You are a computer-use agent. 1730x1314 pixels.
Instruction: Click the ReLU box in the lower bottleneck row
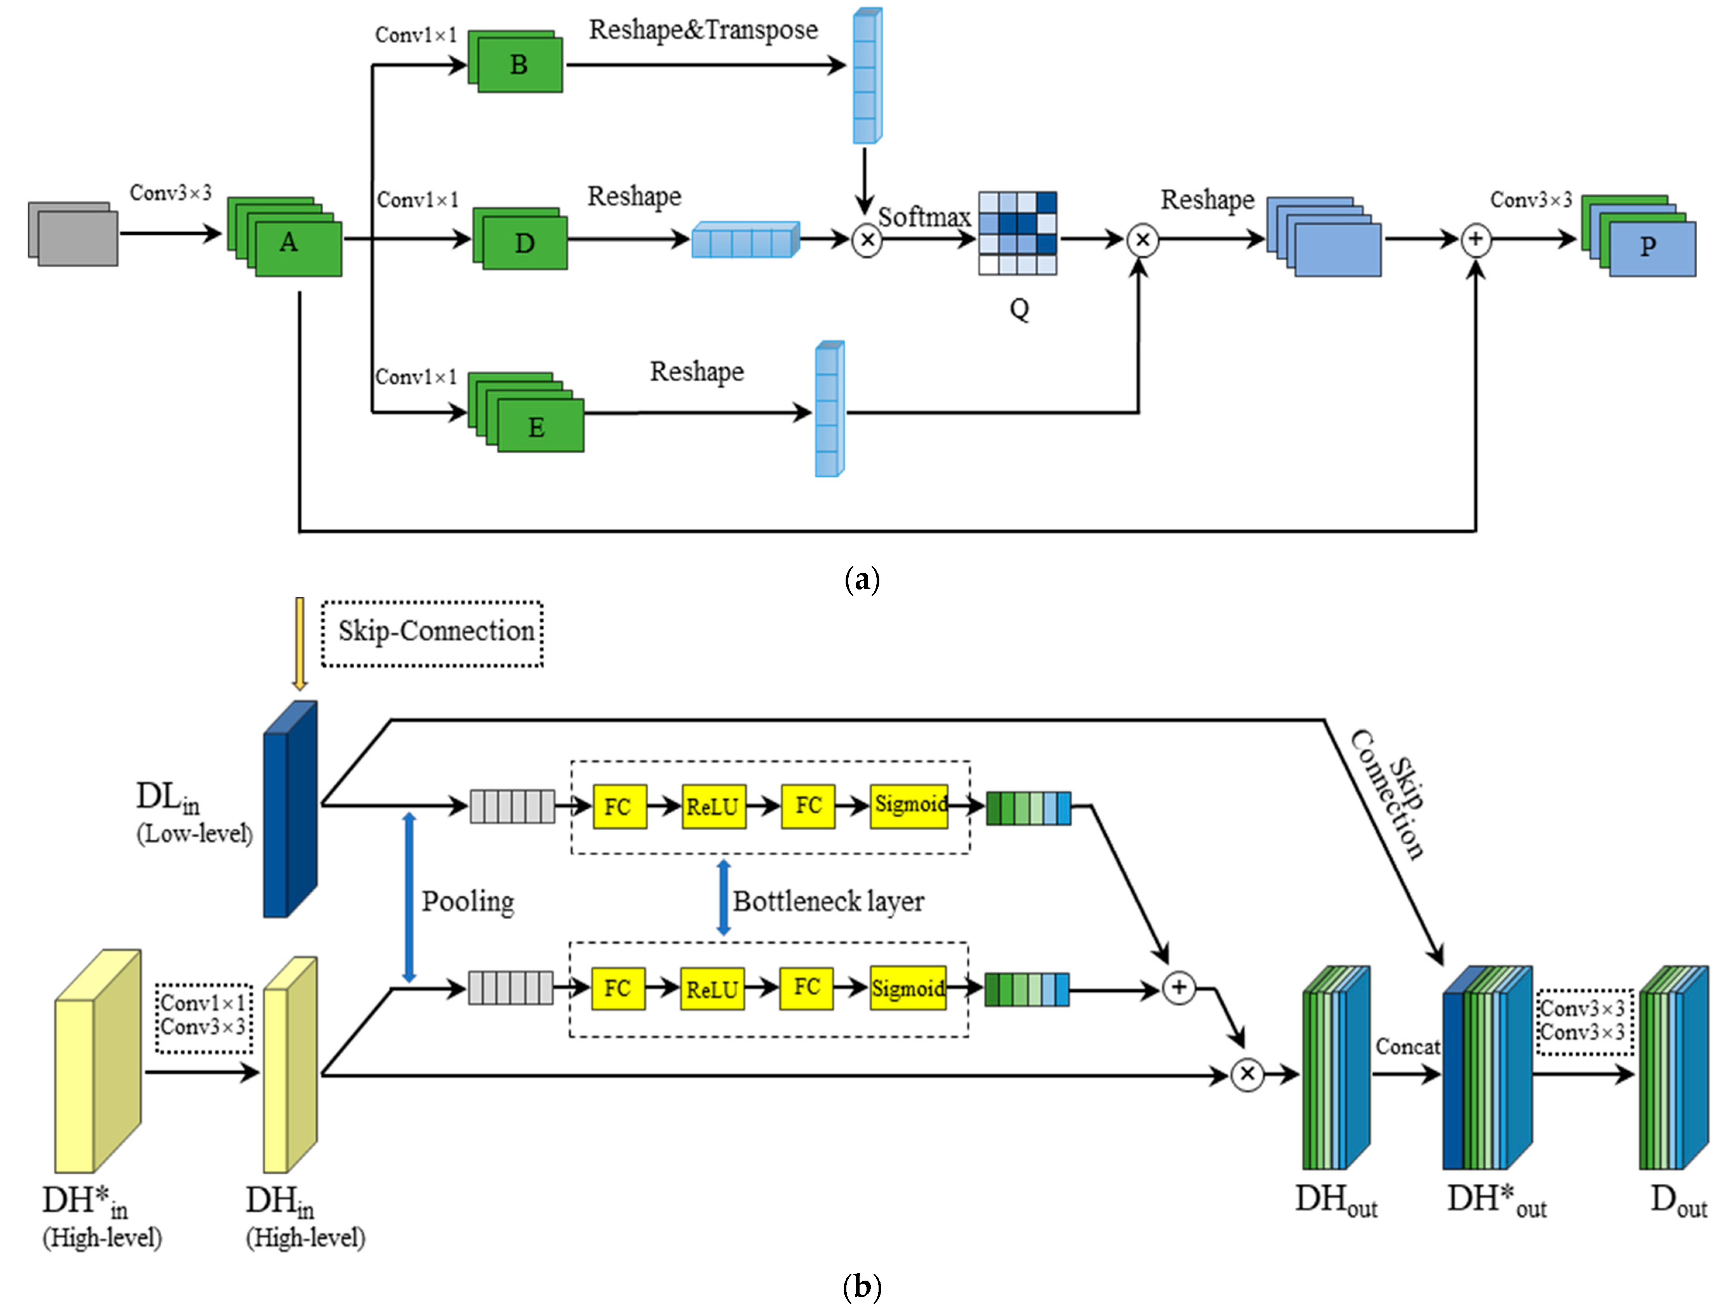(x=712, y=989)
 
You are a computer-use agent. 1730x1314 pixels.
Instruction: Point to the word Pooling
(x=468, y=902)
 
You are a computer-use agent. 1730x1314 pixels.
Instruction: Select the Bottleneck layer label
(x=828, y=902)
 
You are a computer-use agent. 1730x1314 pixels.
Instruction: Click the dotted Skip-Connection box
(x=433, y=633)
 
